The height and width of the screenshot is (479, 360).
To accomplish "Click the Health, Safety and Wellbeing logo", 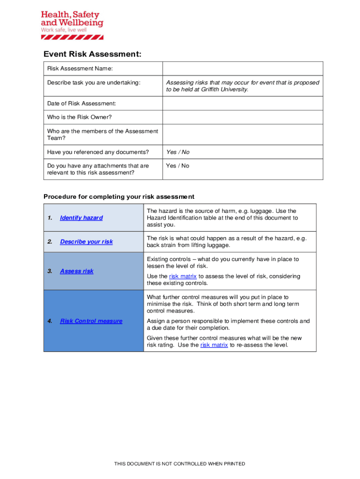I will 72,24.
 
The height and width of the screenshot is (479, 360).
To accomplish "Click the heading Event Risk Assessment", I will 92,54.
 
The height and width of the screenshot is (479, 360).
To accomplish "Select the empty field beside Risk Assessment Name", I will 242,69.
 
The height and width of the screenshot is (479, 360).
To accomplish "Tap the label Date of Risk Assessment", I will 81,103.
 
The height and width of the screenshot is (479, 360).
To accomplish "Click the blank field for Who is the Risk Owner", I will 242,117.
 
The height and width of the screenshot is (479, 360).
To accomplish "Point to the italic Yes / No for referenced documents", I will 178,152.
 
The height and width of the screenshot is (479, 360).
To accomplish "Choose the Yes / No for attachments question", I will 178,166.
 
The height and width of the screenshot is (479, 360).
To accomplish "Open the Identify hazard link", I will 81,218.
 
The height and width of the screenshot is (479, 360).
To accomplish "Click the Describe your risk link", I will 86,242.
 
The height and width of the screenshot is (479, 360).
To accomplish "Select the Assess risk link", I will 77,271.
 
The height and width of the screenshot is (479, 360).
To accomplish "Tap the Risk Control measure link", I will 91,321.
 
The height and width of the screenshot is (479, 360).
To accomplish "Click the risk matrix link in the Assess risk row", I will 183,276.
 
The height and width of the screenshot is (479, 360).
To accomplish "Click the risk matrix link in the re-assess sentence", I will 214,345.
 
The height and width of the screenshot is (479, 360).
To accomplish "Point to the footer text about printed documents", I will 180,464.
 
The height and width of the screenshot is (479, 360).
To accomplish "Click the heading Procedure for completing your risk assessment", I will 119,196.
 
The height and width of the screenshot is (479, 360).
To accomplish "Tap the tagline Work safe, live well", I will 64,29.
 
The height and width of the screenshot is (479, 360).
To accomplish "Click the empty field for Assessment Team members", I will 242,135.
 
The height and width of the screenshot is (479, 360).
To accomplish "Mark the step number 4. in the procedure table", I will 50,321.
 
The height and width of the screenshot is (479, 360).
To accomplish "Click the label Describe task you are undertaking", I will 94,83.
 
